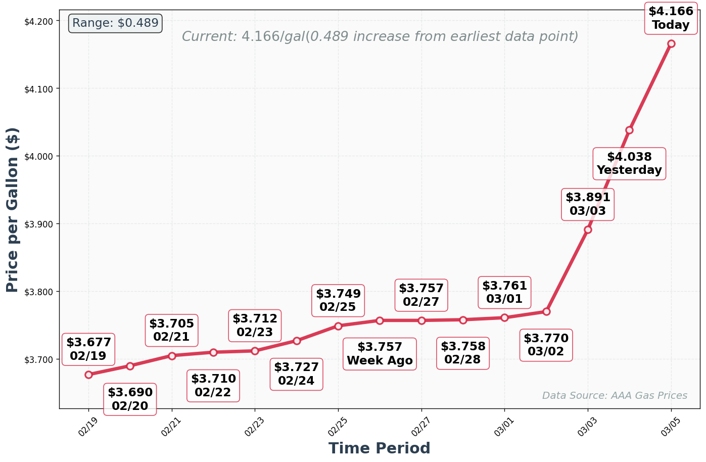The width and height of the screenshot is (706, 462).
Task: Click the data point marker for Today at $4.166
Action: (671, 43)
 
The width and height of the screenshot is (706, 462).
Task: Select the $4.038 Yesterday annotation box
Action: (629, 164)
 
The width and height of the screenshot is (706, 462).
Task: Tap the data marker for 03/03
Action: (588, 229)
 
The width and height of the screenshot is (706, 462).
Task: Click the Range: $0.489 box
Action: (115, 23)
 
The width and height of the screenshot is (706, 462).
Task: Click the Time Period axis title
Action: (379, 448)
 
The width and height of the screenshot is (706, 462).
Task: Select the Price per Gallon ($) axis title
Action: (13, 210)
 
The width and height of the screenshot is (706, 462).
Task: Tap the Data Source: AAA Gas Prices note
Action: (615, 396)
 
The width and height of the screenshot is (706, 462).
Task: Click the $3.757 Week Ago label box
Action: (380, 354)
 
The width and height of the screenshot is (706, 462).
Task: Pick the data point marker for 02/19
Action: (88, 375)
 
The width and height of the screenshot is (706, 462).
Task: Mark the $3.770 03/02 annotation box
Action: (546, 345)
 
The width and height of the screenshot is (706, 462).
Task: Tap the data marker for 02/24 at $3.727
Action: (297, 341)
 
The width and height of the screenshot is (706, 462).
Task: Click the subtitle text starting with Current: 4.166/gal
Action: (380, 37)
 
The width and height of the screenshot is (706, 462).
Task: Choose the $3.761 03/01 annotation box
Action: (504, 293)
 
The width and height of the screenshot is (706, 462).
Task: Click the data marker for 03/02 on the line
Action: (546, 311)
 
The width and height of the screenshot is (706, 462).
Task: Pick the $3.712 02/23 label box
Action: (255, 326)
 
